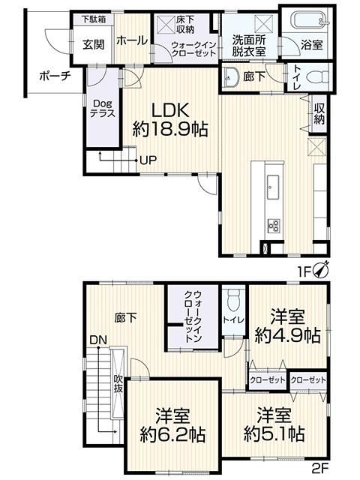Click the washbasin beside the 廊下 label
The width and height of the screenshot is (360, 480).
(x=231, y=78)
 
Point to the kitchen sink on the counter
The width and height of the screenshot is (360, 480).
(x=273, y=187)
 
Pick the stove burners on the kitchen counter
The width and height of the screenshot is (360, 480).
(x=273, y=226)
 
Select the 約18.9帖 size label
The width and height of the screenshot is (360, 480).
(x=170, y=129)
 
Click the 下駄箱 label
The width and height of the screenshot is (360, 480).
(x=93, y=19)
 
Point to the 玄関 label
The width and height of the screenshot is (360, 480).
(x=94, y=45)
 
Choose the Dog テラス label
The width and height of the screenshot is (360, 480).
(x=103, y=108)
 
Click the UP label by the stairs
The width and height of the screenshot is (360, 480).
(x=148, y=160)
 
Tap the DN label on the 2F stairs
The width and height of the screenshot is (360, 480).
(x=98, y=340)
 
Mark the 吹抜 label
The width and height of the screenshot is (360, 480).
(x=118, y=383)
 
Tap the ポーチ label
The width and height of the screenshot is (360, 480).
(x=55, y=76)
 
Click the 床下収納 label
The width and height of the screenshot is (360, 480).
(x=185, y=25)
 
